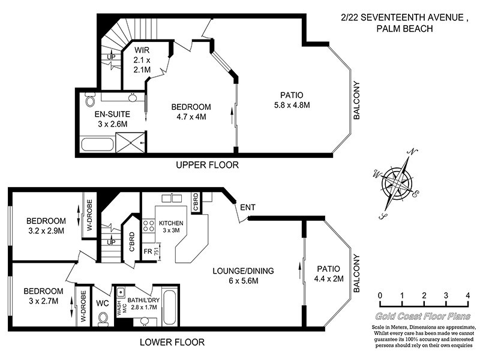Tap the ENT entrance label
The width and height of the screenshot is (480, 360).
[x=248, y=208]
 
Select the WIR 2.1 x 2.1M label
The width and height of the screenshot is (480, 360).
[x=142, y=59]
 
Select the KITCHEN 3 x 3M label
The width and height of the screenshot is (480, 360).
[x=172, y=227]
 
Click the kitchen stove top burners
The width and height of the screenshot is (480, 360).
[x=148, y=226]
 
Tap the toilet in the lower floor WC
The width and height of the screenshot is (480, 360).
[x=102, y=317]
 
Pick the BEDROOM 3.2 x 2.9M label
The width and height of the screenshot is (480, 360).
[x=46, y=225]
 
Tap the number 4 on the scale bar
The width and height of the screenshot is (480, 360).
[x=467, y=296]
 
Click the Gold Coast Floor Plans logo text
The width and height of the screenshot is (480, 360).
[x=423, y=316]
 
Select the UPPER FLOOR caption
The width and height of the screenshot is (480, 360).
[x=207, y=165]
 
